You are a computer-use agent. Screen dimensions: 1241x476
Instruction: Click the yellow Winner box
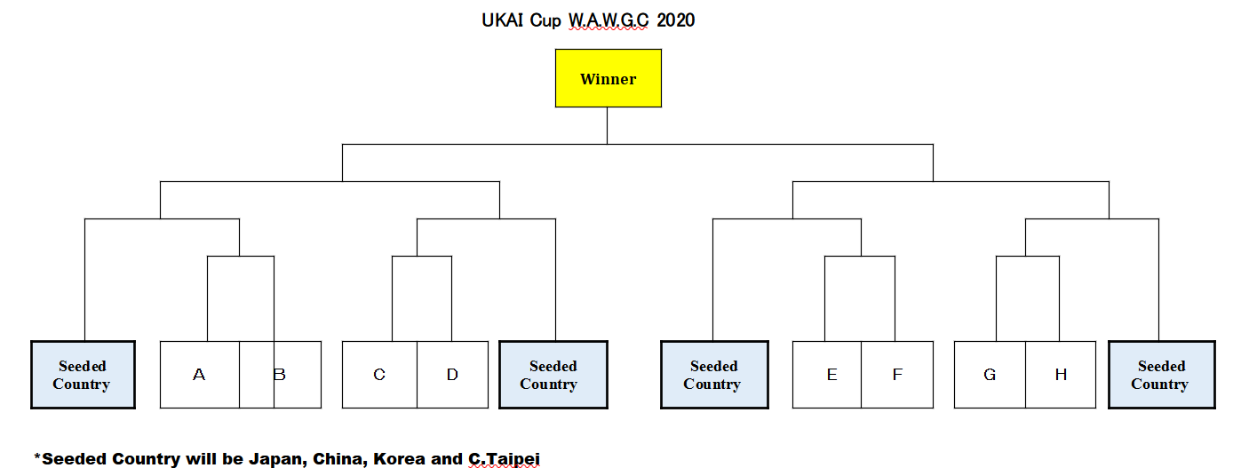point(609,78)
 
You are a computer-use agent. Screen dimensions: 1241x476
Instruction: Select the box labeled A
point(200,375)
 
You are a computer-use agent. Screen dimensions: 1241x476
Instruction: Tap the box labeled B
point(281,375)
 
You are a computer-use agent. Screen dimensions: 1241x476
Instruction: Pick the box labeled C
point(379,375)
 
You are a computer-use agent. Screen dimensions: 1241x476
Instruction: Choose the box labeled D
point(453,375)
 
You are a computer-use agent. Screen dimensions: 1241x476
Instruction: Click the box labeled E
point(827,375)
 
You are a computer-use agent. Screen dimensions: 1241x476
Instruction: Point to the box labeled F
point(897,375)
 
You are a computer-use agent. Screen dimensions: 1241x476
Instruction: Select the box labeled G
point(990,375)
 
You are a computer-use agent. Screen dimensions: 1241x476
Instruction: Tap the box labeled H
point(1061,375)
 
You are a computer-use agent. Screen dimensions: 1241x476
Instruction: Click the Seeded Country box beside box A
point(84,375)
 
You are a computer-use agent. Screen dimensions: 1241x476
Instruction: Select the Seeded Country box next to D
point(553,375)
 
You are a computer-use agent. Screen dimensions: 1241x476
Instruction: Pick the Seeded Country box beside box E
point(715,375)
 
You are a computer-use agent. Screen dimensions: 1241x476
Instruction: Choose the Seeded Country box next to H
point(1162,375)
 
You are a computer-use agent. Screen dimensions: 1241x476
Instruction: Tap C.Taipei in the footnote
point(505,459)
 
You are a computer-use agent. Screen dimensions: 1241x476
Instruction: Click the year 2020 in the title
point(675,20)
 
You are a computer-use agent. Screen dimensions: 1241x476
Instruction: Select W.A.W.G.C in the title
point(609,20)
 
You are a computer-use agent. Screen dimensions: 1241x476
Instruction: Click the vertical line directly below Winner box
point(608,126)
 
